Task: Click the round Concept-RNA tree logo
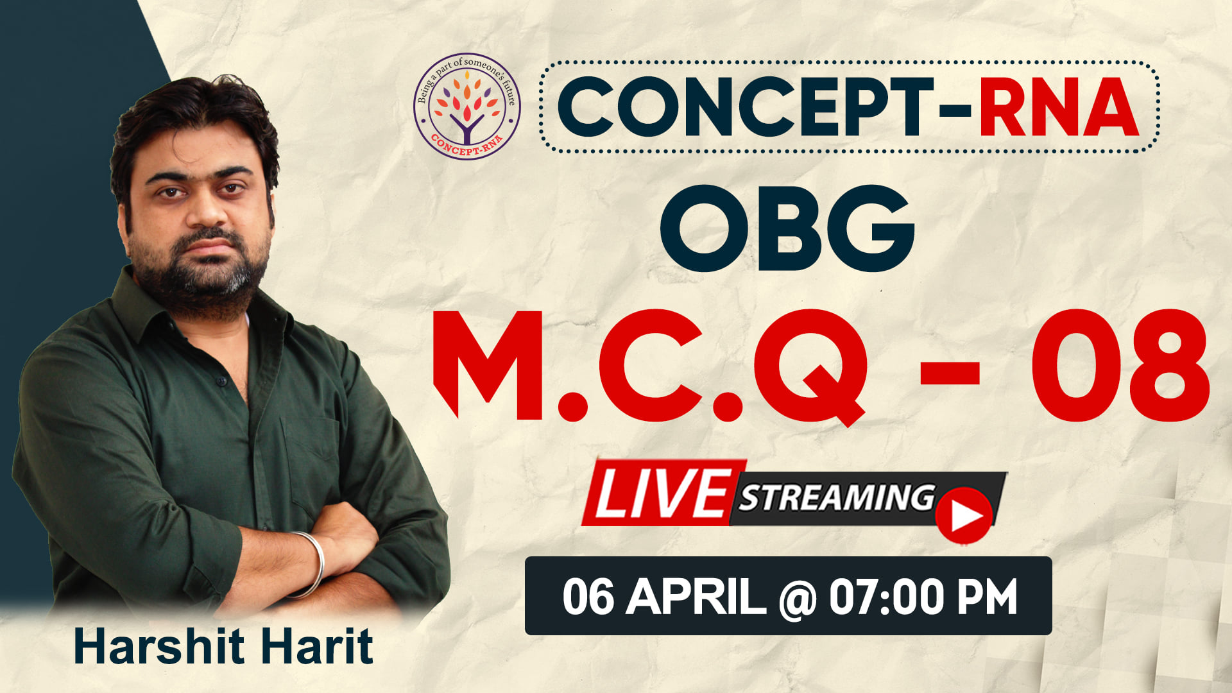click(x=466, y=106)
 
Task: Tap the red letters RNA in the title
click(x=1059, y=107)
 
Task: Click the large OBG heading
click(x=788, y=228)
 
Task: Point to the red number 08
click(x=1120, y=365)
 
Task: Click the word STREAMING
click(x=837, y=497)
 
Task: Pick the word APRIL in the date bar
click(x=696, y=597)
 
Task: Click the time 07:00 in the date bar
click(x=887, y=597)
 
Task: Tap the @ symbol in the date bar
click(x=797, y=598)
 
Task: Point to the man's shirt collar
click(x=193, y=308)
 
